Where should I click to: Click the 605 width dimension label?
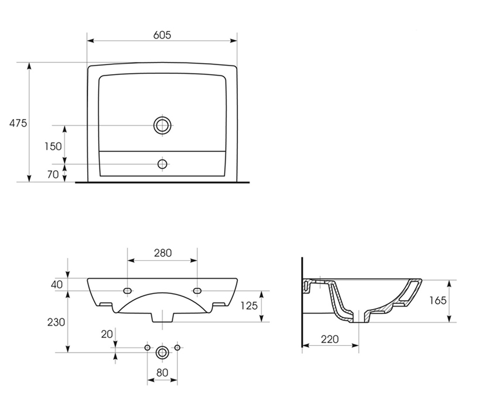pos(162,35)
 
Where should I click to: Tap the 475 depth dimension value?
pos(18,123)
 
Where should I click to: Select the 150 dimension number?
pos(53,146)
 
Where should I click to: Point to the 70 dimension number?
pos(53,174)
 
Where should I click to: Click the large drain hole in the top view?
pos(162,125)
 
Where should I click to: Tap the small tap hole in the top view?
pos(162,164)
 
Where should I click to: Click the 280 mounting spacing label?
pos(162,253)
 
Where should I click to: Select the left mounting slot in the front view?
pos(127,291)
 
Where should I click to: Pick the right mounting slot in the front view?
pos(197,291)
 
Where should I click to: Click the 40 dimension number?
pos(57,284)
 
